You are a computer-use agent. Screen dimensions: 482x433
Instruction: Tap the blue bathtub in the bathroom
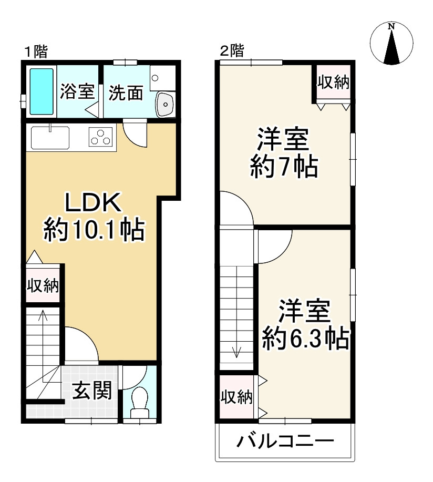(42, 91)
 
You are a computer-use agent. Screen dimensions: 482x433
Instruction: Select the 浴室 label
(77, 92)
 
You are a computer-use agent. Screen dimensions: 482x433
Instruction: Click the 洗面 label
(126, 93)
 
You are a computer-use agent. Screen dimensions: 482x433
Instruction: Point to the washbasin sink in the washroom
(165, 104)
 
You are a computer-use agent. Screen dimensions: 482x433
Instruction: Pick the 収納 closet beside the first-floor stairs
(43, 286)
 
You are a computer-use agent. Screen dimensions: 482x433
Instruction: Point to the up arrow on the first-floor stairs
(43, 317)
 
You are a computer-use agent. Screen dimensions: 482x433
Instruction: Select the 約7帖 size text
(283, 167)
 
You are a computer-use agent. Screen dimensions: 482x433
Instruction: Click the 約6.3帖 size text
(305, 339)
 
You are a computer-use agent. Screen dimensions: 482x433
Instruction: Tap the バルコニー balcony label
(284, 440)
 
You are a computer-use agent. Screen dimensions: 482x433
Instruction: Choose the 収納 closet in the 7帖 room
(333, 83)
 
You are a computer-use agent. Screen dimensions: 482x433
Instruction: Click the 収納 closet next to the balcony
(236, 397)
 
